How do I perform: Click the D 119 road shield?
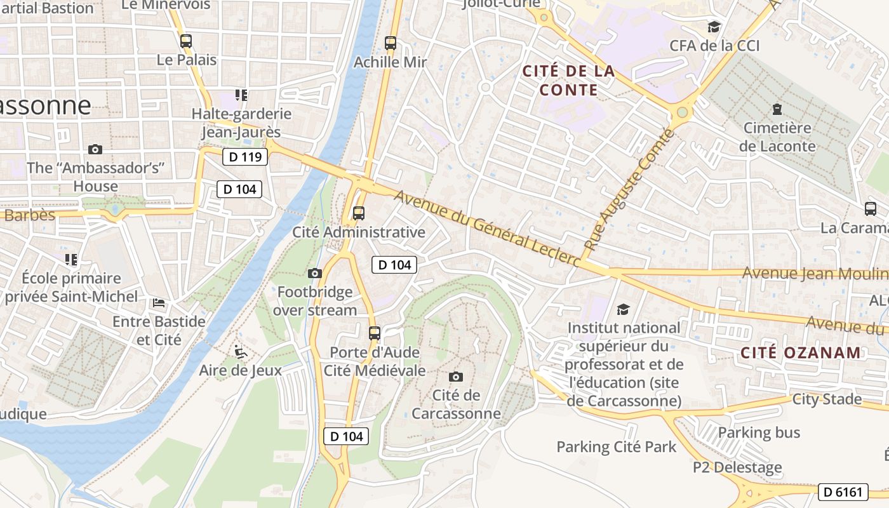245,157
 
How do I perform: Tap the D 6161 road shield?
843,491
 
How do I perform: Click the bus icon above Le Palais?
185,41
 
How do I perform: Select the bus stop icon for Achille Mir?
391,43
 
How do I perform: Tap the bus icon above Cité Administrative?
359,213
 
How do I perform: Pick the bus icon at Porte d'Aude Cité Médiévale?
375,333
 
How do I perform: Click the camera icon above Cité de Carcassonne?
455,377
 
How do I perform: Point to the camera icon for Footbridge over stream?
314,273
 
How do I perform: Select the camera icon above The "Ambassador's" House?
95,149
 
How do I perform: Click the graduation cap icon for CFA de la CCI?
714,27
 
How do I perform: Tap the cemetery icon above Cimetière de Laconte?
777,109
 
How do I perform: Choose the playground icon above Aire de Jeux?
240,351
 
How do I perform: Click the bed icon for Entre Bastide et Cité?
159,303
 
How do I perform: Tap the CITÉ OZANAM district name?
801,353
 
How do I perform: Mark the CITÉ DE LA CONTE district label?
568,81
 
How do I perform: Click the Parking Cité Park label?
617,447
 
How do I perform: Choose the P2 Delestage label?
737,468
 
